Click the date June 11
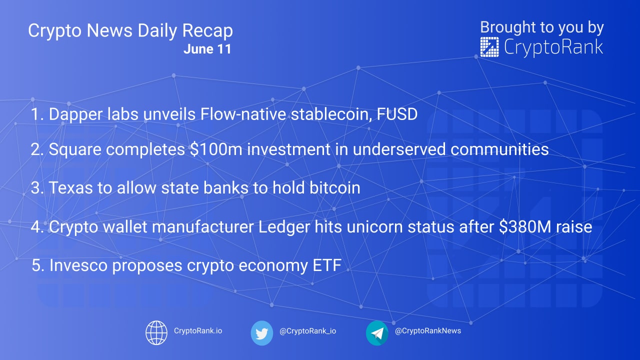[207, 49]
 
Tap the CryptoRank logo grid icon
[489, 47]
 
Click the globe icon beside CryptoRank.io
[156, 332]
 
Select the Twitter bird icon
[261, 333]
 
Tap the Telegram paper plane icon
[377, 333]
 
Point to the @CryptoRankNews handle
[427, 331]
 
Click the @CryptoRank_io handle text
[307, 331]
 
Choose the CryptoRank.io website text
[198, 331]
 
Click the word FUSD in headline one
[397, 114]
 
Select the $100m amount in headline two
[216, 149]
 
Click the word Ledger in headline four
[284, 227]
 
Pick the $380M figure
[525, 226]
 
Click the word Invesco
[78, 265]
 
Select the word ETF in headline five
[327, 265]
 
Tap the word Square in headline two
[75, 149]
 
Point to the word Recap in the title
[207, 31]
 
